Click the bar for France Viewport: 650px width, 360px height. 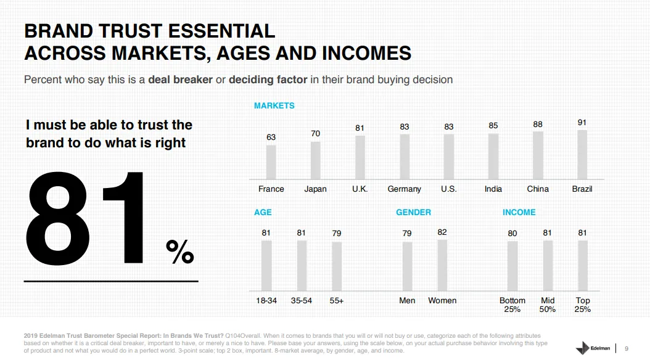[x=271, y=162]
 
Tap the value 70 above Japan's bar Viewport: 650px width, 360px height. [x=315, y=133]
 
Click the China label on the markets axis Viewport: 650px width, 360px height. [x=538, y=189]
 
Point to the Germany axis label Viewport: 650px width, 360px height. [x=404, y=189]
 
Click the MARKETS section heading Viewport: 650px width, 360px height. [x=274, y=105]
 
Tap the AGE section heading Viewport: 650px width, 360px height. [x=263, y=212]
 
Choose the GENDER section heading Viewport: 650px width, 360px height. [x=413, y=212]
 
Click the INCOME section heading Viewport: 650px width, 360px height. [x=519, y=212]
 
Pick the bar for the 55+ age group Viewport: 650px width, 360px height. [x=337, y=266]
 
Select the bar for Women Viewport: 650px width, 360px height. [x=442, y=265]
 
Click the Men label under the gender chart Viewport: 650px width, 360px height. [x=407, y=300]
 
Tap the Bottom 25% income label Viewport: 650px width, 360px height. [x=512, y=305]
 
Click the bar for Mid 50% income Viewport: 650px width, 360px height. [x=548, y=265]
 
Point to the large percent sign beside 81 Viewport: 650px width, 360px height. [x=180, y=252]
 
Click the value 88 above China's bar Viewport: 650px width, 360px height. [x=538, y=125]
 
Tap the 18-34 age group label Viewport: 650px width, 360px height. [x=266, y=300]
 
